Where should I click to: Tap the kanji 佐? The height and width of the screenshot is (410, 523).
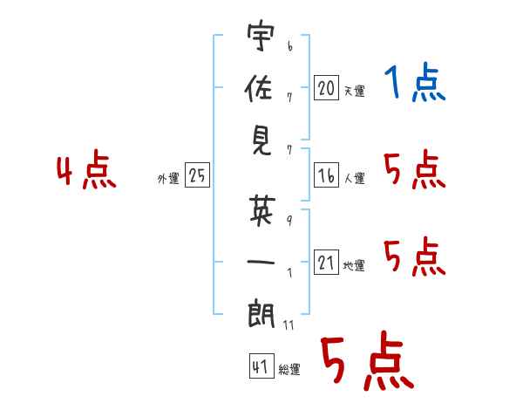pos(259,90)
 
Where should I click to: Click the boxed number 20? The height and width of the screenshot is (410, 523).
pos(326,88)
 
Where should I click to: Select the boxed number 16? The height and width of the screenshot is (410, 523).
pos(326,176)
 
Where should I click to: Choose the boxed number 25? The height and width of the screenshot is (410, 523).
pos(197,176)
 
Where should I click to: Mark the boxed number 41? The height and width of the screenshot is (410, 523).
pos(260,367)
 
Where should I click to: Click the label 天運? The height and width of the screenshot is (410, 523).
pos(354,91)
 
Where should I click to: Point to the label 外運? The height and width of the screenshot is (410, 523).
pos(168,179)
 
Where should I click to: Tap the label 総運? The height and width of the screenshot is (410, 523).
pos(289,370)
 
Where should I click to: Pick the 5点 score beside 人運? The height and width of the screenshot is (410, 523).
pos(414,170)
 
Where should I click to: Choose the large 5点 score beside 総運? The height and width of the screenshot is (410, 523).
pos(366,362)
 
